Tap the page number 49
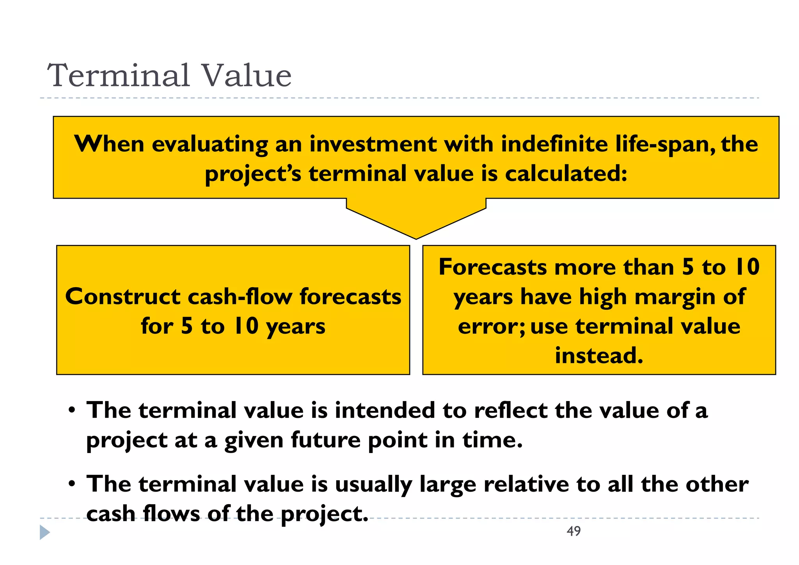pyautogui.click(x=574, y=531)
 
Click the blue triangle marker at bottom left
pyautogui.click(x=44, y=533)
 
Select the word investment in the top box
pyautogui.click(x=373, y=144)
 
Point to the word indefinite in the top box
pyautogui.click(x=554, y=144)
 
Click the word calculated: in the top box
pyautogui.click(x=566, y=173)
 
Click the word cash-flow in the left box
pyautogui.click(x=240, y=297)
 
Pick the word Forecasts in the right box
pyautogui.click(x=492, y=267)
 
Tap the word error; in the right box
pyautogui.click(x=492, y=327)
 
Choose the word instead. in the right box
pyautogui.click(x=599, y=355)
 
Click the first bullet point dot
pyautogui.click(x=71, y=411)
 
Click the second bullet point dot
pyautogui.click(x=71, y=484)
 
